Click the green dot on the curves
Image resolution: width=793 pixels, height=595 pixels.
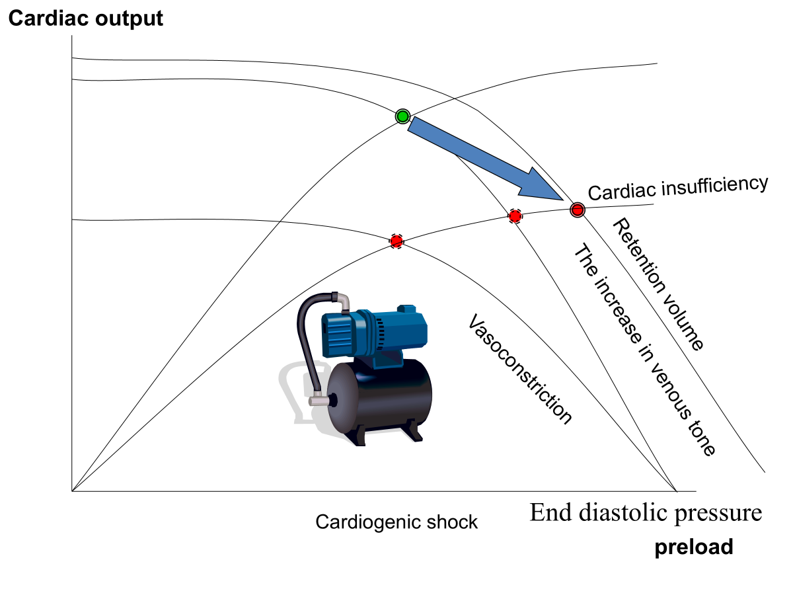tap(402, 116)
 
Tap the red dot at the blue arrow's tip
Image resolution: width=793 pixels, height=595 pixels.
tap(577, 210)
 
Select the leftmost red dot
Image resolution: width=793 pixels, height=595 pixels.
tap(397, 241)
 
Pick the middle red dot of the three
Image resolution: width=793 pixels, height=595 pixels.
tap(515, 216)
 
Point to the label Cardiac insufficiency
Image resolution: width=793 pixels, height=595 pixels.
tap(678, 188)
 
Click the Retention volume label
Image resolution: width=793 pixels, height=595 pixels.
tap(658, 285)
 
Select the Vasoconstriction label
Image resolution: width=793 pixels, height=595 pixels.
tap(519, 368)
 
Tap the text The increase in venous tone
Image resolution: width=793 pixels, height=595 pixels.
tap(644, 350)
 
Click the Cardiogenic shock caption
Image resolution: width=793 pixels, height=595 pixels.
tap(396, 522)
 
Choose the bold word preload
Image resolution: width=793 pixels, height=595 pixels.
tap(694, 547)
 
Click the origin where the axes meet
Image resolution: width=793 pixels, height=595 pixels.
tap(71, 491)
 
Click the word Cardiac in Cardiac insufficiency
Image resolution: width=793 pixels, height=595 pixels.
tap(618, 192)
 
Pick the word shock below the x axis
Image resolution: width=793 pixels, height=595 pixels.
tap(453, 522)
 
